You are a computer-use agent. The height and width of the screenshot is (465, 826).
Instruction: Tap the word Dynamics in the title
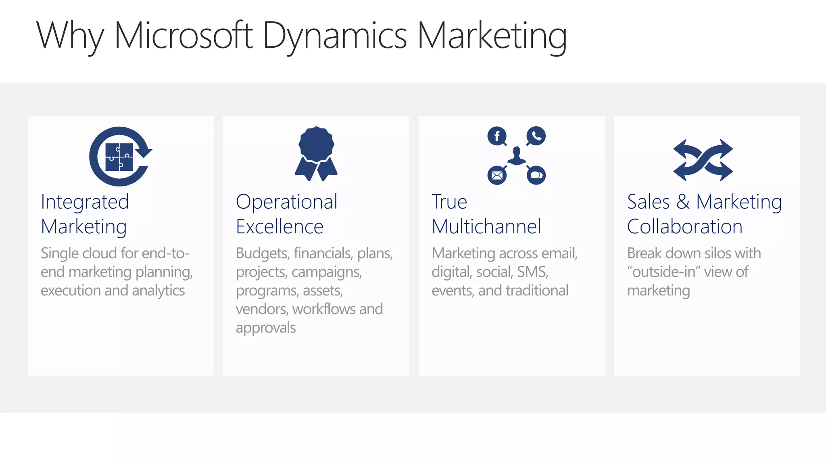(335, 36)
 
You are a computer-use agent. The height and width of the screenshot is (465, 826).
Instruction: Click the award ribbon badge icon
(316, 153)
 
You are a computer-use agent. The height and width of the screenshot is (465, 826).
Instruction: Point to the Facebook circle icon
(497, 136)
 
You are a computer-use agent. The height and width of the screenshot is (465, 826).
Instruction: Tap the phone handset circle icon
(536, 136)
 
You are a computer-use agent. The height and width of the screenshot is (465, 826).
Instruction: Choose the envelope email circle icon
(497, 175)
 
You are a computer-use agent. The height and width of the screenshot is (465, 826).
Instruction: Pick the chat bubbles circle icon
(536, 175)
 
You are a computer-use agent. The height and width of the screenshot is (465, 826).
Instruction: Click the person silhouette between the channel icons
(517, 156)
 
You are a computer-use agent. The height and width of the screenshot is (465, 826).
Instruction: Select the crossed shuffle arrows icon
(703, 160)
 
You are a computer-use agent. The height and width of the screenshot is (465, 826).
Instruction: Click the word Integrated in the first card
(85, 202)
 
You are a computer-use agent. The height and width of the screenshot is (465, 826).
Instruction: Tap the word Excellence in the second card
(280, 226)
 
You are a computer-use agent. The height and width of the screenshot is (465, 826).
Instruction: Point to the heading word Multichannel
(486, 226)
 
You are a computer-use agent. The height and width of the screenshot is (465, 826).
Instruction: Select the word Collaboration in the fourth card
(684, 226)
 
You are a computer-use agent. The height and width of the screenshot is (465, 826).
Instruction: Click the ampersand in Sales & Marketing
(683, 201)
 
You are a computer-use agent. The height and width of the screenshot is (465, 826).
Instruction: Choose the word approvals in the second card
(266, 328)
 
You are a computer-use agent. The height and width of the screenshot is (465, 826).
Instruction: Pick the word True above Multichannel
(449, 201)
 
